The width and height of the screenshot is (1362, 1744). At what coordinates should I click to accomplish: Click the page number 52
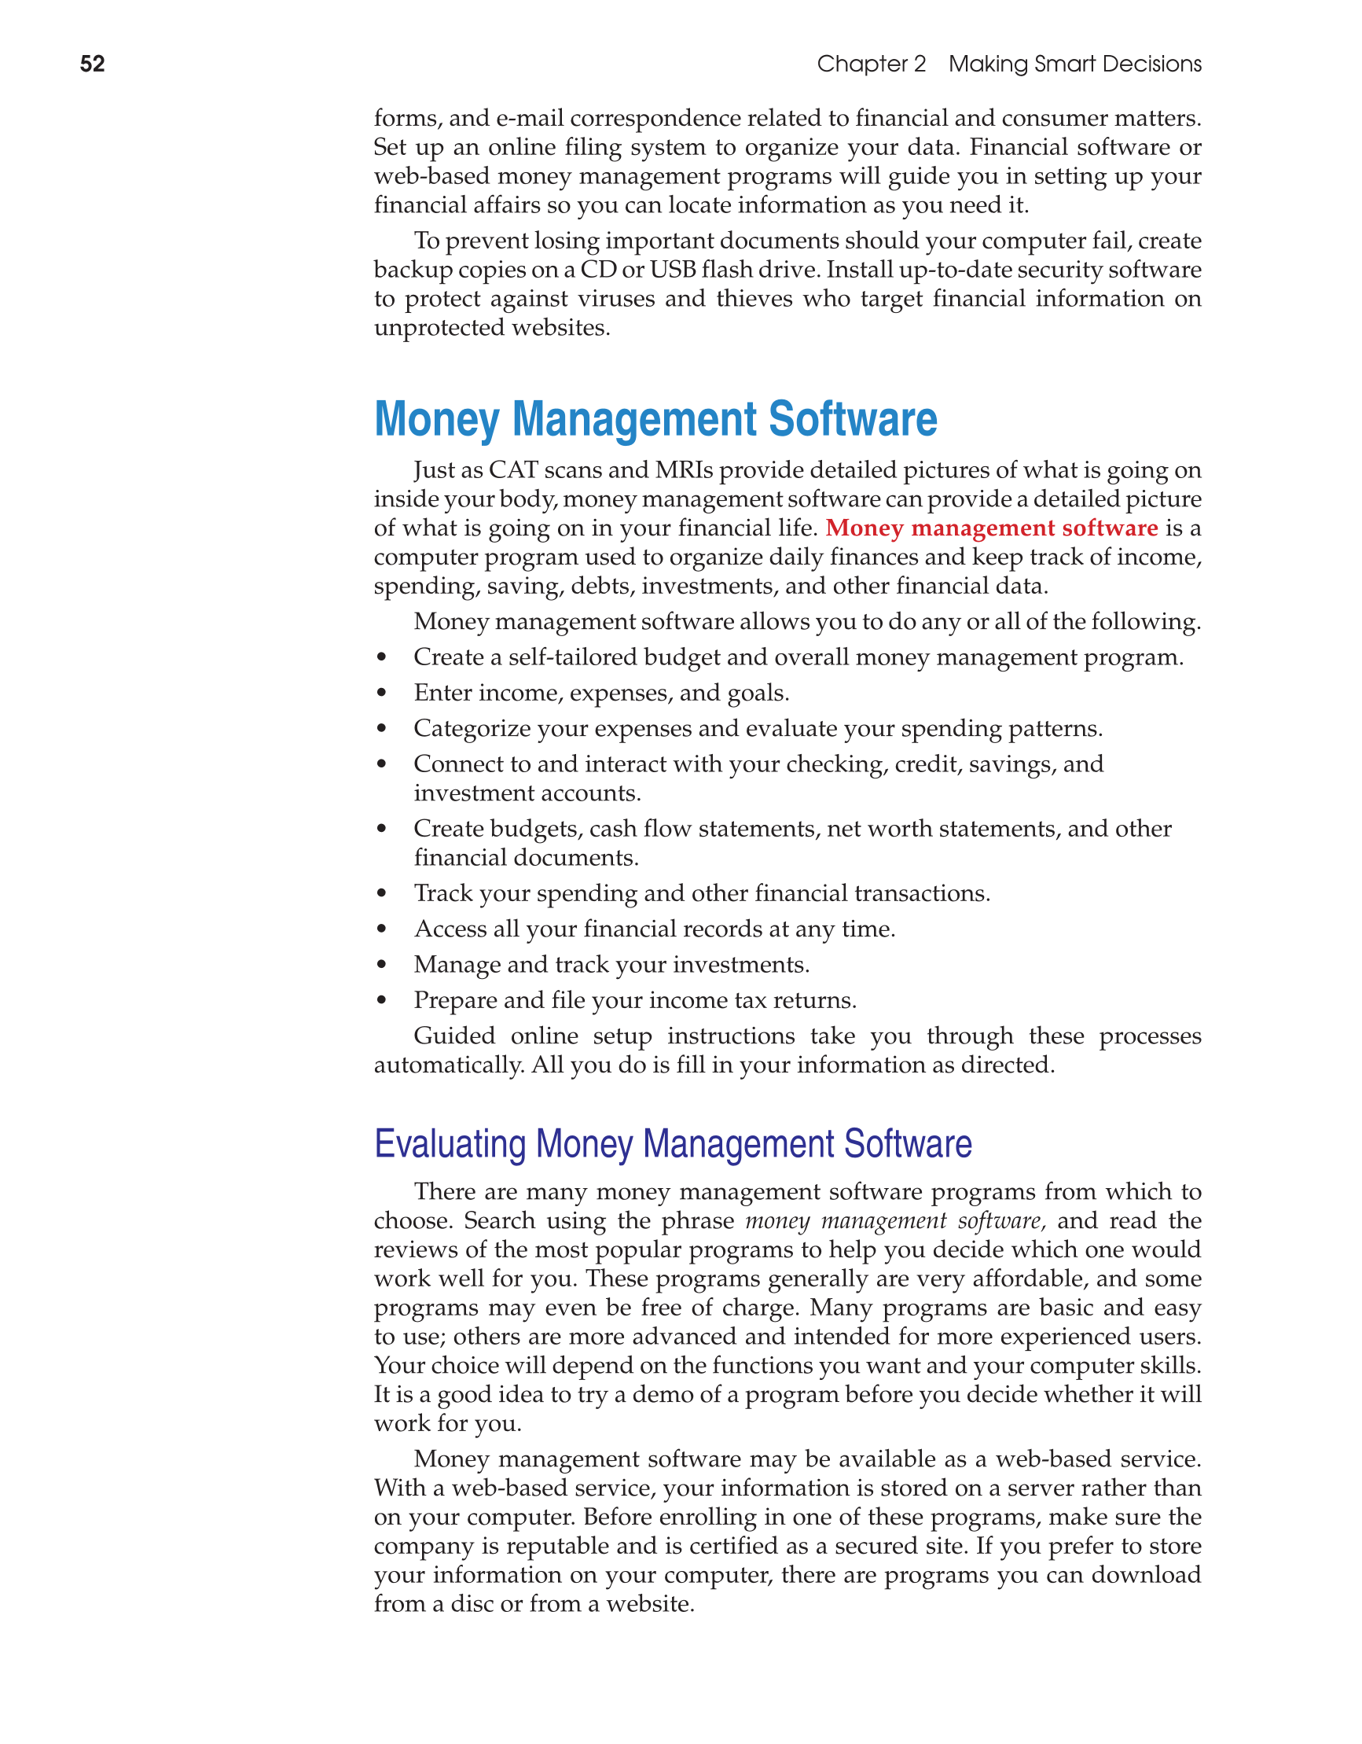93,64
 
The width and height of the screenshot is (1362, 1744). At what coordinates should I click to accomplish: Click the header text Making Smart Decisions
1074,64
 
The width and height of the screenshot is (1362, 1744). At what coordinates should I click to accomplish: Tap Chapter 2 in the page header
871,64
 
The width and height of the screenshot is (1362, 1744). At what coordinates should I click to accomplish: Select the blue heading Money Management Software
655,419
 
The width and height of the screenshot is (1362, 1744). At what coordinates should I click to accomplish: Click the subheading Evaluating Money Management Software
672,1144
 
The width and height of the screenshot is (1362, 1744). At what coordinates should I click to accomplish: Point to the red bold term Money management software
991,528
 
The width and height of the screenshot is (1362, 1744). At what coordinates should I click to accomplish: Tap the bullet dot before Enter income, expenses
382,694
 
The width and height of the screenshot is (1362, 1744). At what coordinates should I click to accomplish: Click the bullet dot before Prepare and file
382,1001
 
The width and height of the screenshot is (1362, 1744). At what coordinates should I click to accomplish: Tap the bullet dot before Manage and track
382,965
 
